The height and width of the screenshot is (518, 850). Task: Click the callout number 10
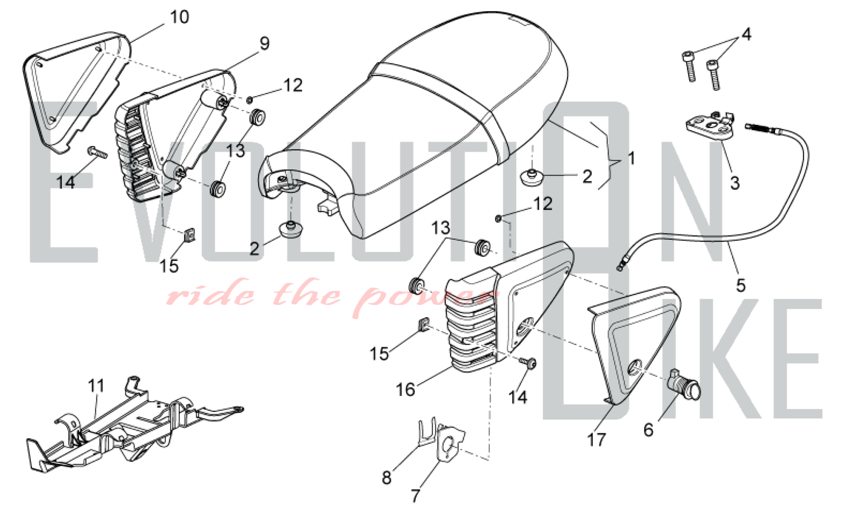(x=179, y=17)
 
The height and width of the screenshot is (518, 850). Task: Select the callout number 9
(x=264, y=43)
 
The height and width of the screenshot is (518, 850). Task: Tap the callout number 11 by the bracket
(x=96, y=386)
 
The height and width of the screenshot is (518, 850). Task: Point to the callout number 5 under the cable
(x=741, y=285)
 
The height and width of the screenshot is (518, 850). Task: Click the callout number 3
(x=735, y=183)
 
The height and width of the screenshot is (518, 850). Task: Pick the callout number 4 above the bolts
(x=746, y=34)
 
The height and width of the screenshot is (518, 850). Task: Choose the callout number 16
(x=405, y=389)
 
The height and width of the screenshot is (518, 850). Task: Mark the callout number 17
(x=596, y=440)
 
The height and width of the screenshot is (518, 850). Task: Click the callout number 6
(x=648, y=430)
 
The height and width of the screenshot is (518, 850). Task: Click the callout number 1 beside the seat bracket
(x=632, y=158)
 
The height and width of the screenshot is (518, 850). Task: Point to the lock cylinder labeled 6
(x=684, y=386)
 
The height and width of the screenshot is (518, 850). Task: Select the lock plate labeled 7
(x=450, y=442)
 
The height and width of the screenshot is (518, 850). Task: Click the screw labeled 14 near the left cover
(x=97, y=152)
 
